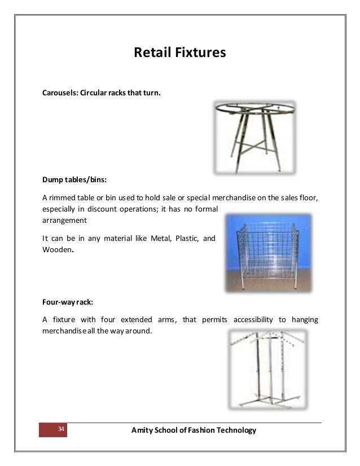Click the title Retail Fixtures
tap(179, 54)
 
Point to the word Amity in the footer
tap(142, 430)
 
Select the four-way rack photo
tap(269, 369)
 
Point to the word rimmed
tap(64, 197)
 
